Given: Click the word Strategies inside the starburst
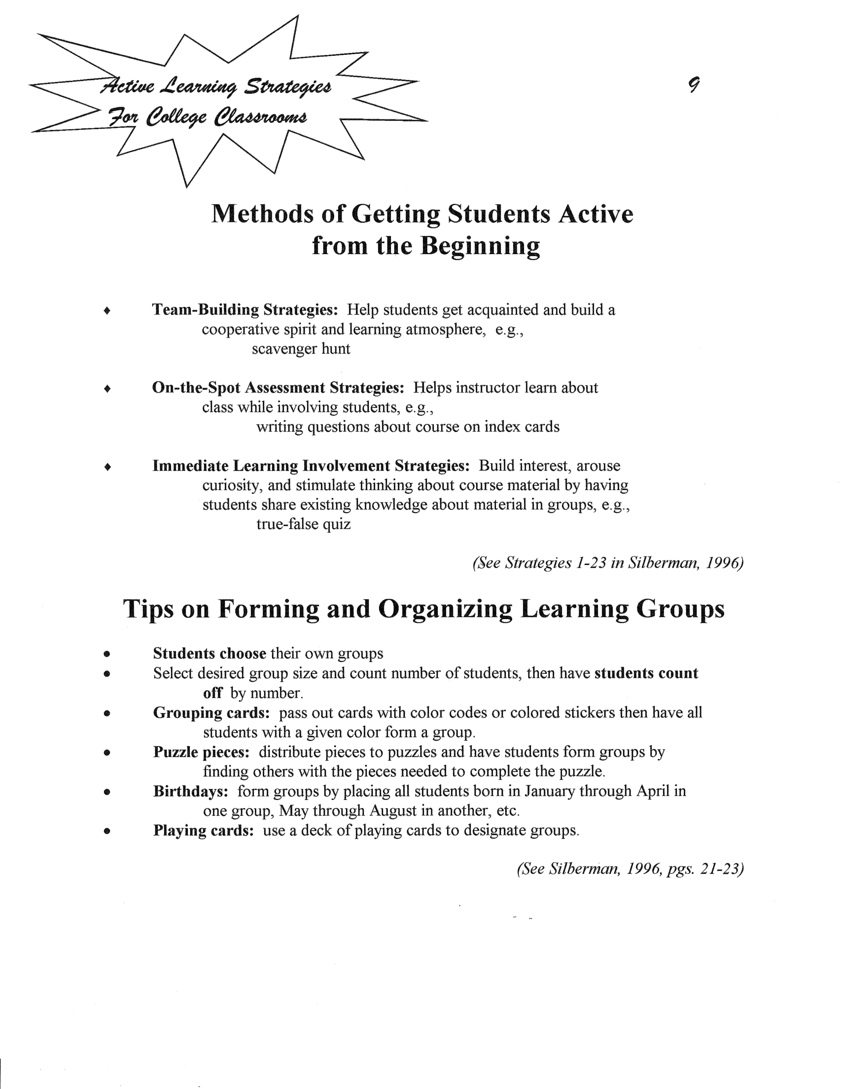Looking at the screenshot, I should tap(287, 87).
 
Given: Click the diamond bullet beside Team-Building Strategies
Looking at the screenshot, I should tap(107, 311).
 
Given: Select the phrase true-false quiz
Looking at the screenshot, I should tap(303, 524).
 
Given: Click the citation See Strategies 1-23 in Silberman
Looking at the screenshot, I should tap(608, 563).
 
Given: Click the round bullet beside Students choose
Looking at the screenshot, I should tap(107, 654).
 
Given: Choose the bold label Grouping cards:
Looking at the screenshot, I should tap(211, 712).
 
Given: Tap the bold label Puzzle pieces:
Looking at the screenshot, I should tap(201, 752).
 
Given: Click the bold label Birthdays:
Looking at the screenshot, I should tap(191, 791).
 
